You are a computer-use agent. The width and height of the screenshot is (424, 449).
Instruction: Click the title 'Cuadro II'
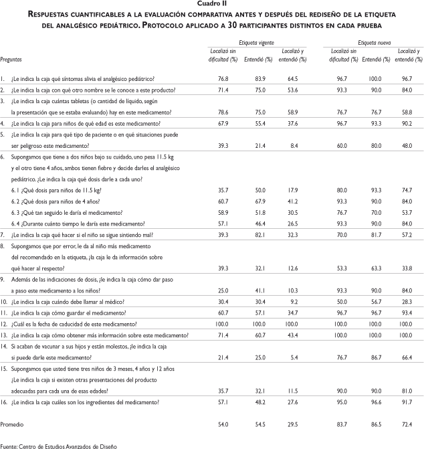point(211,3)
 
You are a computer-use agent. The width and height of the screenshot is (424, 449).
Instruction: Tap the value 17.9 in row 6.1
point(293,190)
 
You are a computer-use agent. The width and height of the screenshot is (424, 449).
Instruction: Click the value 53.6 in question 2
point(293,88)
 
